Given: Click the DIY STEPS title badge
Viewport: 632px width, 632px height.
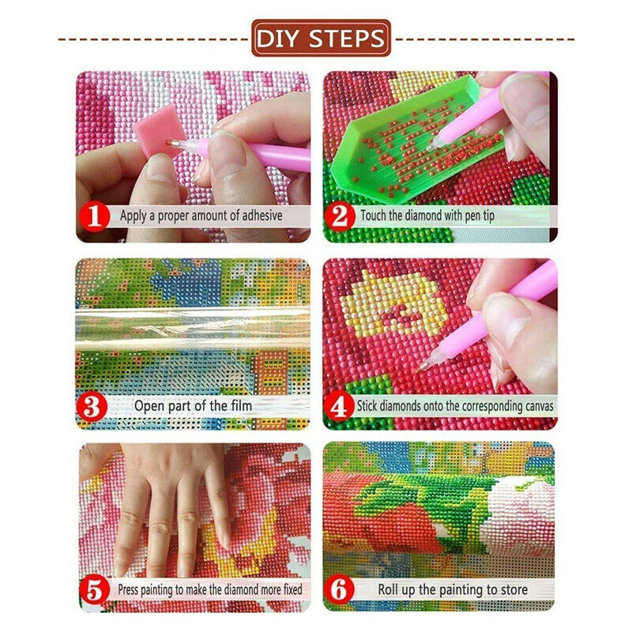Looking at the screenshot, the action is [322, 38].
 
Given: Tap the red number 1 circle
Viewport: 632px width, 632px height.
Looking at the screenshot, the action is [94, 216].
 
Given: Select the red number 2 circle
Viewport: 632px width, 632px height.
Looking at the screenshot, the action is [340, 216].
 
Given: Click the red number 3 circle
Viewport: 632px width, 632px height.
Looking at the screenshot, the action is [92, 407].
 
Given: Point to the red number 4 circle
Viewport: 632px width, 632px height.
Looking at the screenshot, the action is [339, 406].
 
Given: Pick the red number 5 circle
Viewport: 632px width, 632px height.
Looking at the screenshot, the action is [94, 589].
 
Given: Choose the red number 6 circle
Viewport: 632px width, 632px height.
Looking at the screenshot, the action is [340, 589].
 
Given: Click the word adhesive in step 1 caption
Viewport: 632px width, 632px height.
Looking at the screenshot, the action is [262, 215].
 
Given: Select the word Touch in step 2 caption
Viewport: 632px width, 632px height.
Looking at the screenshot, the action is [373, 215].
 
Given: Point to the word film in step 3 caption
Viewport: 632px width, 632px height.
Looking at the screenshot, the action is [242, 405].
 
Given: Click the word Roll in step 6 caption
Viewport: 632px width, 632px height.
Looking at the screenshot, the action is [389, 589].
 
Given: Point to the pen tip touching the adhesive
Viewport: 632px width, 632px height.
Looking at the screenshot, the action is [170, 142].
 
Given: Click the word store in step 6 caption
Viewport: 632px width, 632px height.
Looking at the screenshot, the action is [512, 589].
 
